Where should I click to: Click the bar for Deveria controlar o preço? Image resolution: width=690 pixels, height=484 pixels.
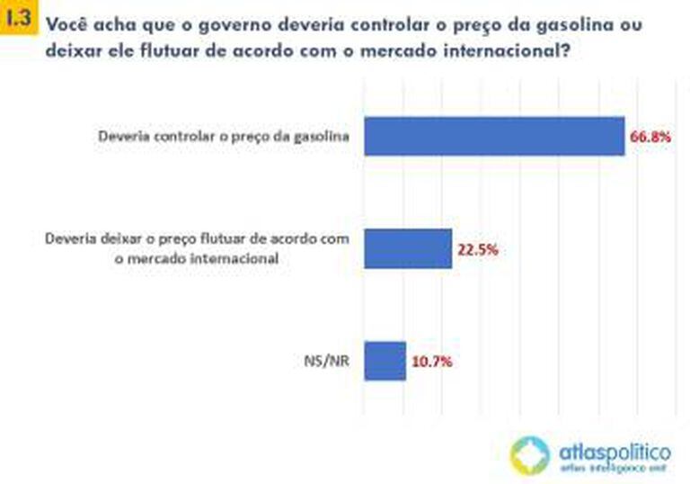coord(493,136)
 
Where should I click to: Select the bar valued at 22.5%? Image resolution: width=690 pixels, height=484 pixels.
coord(407,247)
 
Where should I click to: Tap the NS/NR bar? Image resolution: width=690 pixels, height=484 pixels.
coord(385,360)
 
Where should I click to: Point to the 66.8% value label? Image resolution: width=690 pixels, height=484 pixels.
coord(650,138)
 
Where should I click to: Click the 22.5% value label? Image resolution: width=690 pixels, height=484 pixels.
coord(477,249)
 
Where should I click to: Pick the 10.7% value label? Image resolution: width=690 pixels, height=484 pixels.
coord(431,362)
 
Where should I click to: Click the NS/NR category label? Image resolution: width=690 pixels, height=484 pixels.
coord(328,361)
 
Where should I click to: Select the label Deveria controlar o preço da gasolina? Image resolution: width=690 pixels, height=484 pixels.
coord(223,137)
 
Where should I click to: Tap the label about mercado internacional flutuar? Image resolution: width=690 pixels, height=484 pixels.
coord(196,248)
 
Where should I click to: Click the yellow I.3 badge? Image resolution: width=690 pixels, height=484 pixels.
coord(19,17)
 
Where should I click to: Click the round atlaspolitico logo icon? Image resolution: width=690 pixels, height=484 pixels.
coord(529,454)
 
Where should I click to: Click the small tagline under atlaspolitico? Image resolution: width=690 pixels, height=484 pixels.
coord(615,469)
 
